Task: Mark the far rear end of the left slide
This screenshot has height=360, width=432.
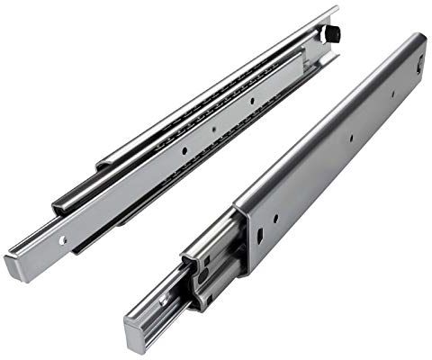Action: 335,11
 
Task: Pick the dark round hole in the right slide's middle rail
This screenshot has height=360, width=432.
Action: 203,280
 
